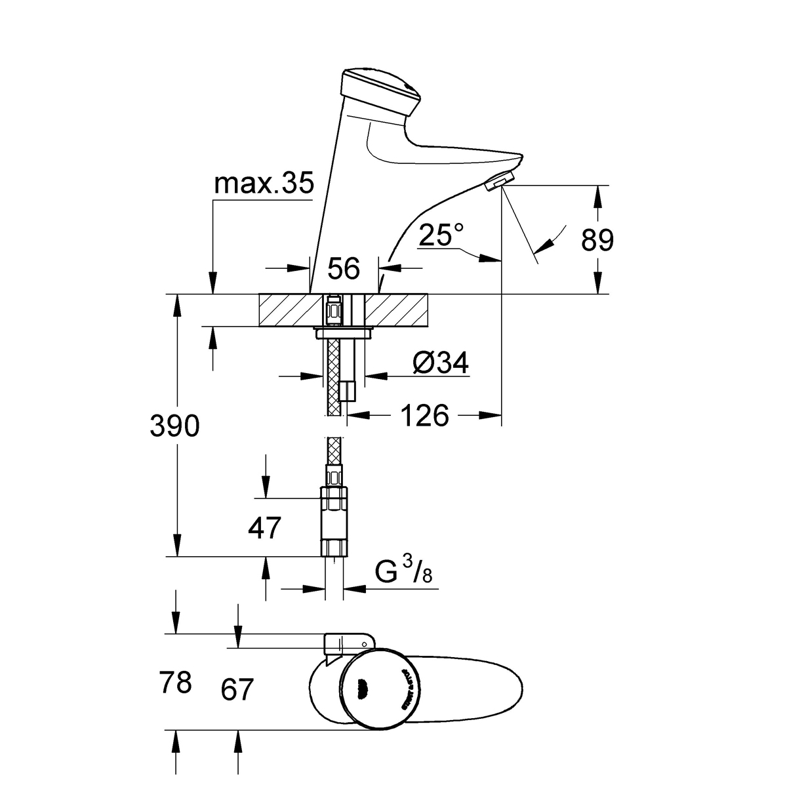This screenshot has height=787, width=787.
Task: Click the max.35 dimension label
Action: (x=264, y=184)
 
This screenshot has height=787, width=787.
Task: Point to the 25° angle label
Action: (x=442, y=234)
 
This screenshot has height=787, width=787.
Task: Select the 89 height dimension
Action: (x=597, y=240)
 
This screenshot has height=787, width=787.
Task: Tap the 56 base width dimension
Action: (x=344, y=268)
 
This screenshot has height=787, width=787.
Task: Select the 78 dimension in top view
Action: (x=175, y=683)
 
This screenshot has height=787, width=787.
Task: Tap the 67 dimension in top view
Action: (x=236, y=690)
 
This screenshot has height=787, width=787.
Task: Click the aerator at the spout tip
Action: (x=500, y=181)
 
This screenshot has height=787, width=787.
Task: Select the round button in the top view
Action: (x=379, y=687)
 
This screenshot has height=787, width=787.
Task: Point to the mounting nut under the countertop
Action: (x=345, y=334)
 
